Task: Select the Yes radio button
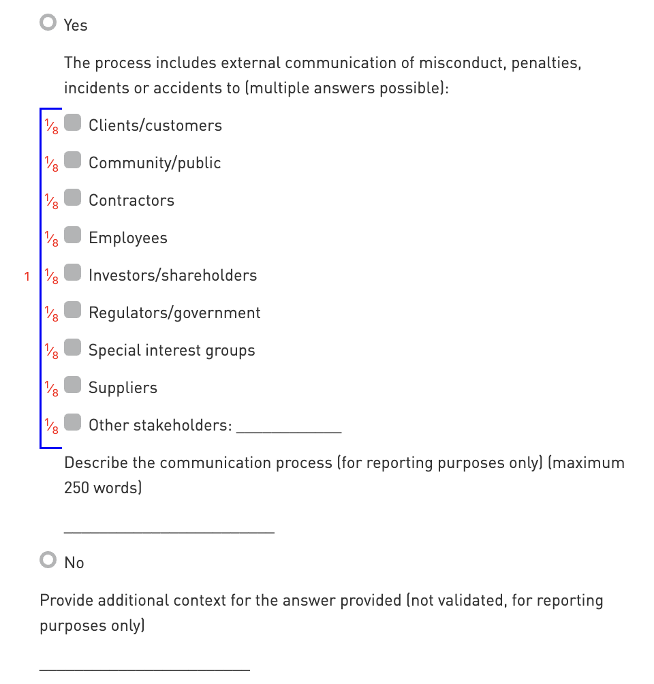(x=48, y=23)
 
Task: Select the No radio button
(x=48, y=561)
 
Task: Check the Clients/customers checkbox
(x=73, y=123)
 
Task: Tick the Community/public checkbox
(x=73, y=161)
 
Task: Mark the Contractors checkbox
(x=73, y=198)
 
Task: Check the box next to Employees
(x=73, y=236)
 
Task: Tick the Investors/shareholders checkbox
(x=73, y=273)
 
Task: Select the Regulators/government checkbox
(x=73, y=311)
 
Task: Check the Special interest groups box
(x=73, y=348)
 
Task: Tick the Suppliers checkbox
(x=73, y=386)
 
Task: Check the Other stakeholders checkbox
(x=73, y=423)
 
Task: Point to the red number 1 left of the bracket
(x=27, y=277)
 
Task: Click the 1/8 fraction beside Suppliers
(x=51, y=388)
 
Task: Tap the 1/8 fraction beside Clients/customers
(x=51, y=126)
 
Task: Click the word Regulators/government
(x=174, y=313)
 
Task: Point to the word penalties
(x=546, y=63)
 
